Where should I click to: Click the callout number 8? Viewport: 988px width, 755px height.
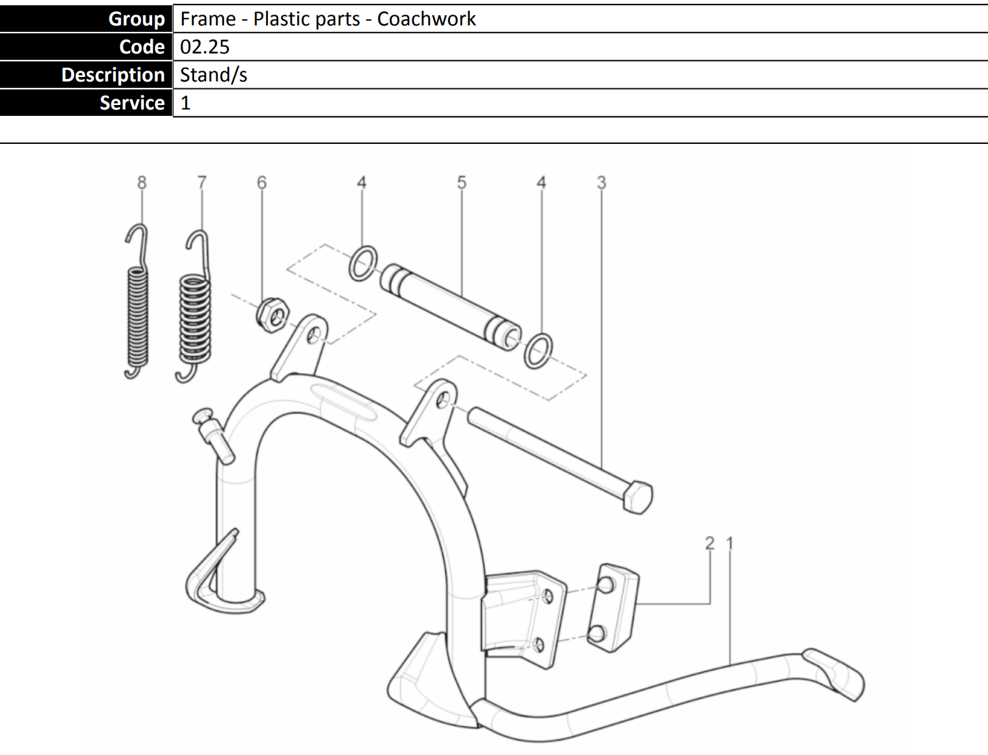(142, 183)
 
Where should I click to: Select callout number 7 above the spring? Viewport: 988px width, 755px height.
(202, 183)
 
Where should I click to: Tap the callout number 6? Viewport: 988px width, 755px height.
(261, 183)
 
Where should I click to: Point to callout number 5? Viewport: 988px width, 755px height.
(462, 183)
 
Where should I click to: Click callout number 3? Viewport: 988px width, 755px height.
(601, 183)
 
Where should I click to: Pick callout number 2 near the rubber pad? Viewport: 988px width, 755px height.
(710, 543)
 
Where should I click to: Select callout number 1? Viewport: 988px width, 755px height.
(730, 543)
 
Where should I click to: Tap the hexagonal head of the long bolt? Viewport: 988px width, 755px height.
(637, 497)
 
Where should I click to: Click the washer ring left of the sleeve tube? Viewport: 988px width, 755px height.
(363, 264)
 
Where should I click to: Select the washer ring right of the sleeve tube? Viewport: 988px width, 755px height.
(538, 350)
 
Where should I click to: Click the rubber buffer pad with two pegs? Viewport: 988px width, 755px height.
(613, 607)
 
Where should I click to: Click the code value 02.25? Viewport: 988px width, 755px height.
(205, 47)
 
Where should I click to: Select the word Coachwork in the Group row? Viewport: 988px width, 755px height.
(426, 19)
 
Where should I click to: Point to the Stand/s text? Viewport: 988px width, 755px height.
(214, 75)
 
